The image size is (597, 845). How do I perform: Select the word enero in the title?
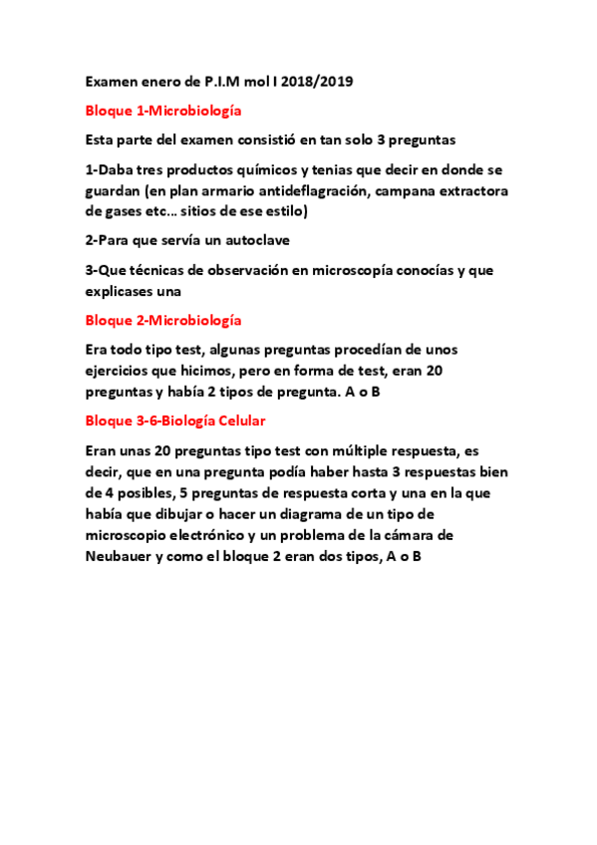(x=161, y=82)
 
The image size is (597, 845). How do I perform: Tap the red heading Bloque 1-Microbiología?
(x=163, y=111)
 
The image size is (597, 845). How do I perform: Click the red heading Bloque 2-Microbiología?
(x=163, y=320)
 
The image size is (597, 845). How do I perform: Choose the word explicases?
(x=123, y=291)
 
